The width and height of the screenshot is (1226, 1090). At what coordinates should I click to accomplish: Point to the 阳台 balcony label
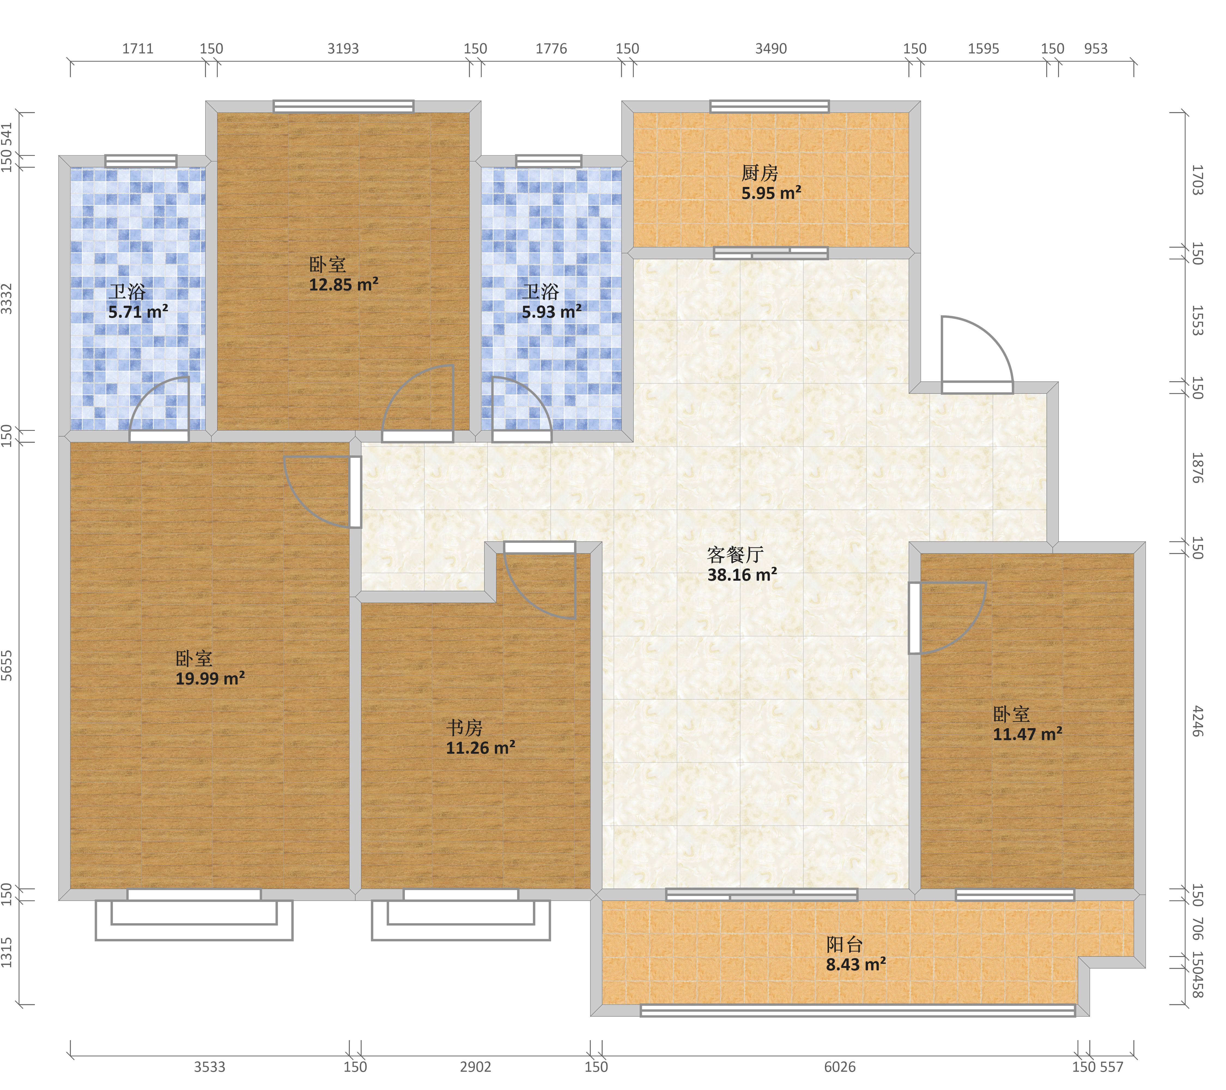(845, 945)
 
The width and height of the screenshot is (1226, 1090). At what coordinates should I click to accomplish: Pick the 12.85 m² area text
(344, 284)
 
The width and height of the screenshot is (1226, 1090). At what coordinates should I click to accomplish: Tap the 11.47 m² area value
(1027, 734)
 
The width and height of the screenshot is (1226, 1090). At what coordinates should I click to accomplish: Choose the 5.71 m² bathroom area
(138, 312)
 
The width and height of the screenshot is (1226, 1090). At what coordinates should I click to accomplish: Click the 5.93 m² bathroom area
(551, 312)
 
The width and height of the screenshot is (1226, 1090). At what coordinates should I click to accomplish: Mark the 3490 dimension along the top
(771, 49)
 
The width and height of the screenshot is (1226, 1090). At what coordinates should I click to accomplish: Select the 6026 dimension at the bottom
(840, 1067)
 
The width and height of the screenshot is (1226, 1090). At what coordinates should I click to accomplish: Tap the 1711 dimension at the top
(138, 49)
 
